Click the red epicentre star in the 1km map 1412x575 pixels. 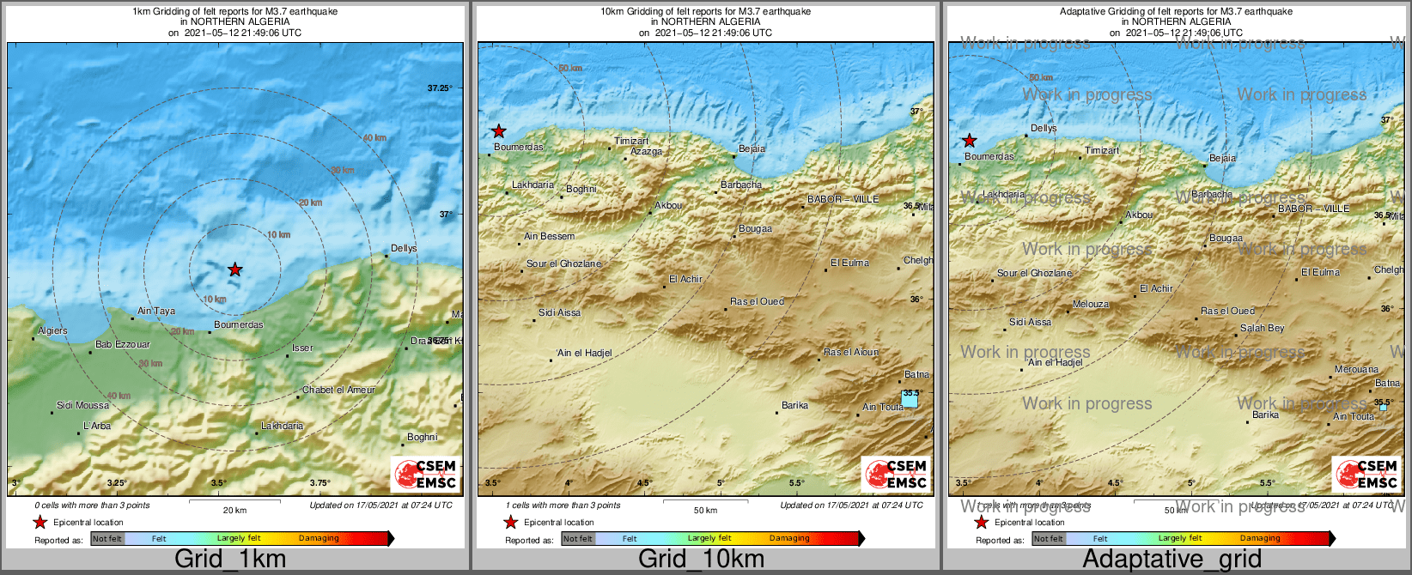pos(234,269)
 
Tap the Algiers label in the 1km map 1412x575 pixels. pos(52,330)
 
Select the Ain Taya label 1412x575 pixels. pos(156,311)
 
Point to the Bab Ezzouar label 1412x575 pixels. pos(122,344)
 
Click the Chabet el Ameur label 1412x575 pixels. pos(338,390)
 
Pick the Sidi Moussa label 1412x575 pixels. pos(82,405)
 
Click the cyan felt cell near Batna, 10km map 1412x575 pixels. pos(910,399)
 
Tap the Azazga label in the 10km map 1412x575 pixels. pos(646,151)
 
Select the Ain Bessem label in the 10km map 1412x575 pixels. pos(549,236)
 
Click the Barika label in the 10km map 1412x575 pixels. pos(794,405)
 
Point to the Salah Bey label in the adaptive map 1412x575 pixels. pos(1262,328)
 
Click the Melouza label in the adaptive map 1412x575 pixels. pos(1091,304)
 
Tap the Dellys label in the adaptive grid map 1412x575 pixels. pos(1044,128)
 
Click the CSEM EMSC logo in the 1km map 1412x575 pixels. pos(425,475)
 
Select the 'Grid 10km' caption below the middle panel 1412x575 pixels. pos(701,559)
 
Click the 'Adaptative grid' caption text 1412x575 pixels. pos(1172,559)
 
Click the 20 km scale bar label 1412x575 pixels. pos(234,510)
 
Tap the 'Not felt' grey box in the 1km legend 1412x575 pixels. pos(107,538)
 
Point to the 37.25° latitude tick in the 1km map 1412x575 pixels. pos(439,88)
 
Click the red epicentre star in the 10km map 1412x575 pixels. pos(498,131)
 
